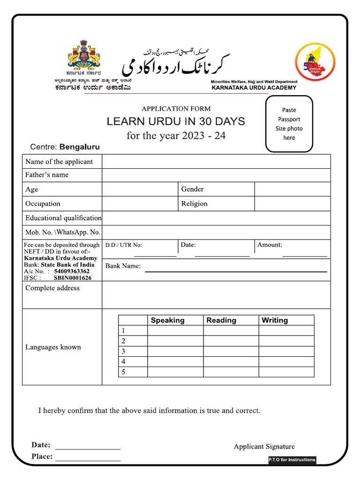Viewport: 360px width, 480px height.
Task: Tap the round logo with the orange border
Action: tap(315, 62)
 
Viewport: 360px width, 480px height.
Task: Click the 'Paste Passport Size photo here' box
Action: tap(289, 124)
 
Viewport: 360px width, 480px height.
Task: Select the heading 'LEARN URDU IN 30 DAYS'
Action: tap(176, 121)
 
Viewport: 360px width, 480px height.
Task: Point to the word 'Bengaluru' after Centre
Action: tap(79, 147)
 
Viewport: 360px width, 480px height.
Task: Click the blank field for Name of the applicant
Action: tap(216, 162)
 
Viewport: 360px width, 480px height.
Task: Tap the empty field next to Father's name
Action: tap(216, 175)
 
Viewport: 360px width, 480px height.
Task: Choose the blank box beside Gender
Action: tap(292, 189)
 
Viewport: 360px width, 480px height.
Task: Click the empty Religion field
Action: tap(292, 203)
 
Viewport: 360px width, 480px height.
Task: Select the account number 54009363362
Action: tap(72, 271)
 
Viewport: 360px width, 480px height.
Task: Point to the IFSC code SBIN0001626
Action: tap(73, 277)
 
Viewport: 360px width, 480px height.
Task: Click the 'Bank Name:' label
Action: tap(123, 266)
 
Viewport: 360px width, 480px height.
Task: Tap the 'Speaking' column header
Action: tap(167, 321)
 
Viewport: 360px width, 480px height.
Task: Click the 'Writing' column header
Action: tap(275, 321)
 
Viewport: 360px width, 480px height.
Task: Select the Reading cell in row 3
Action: tap(231, 352)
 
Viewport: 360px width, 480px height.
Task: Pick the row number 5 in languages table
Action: tap(123, 372)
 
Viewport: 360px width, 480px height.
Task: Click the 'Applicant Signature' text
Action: tap(264, 447)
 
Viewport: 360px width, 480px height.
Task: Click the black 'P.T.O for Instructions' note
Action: tap(292, 460)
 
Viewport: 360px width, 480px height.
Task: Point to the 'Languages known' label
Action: tap(53, 347)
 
